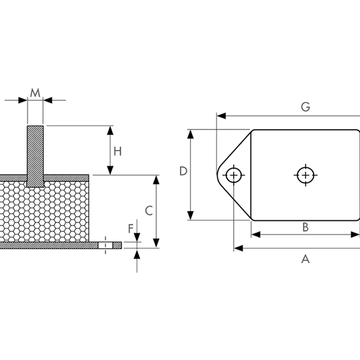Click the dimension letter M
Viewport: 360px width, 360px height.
pos(35,92)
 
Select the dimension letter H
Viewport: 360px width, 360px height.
pos(117,152)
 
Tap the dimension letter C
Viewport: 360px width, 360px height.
pos(149,211)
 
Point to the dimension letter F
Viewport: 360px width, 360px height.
pos(131,229)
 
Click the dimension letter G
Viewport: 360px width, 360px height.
pos(306,107)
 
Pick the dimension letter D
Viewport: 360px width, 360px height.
pos(183,171)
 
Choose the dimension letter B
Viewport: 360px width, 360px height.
pos(305,227)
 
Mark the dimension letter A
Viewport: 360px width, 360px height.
pos(306,259)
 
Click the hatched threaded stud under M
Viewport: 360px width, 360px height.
pos(35,156)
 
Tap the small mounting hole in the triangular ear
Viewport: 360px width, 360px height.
pos(234,176)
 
